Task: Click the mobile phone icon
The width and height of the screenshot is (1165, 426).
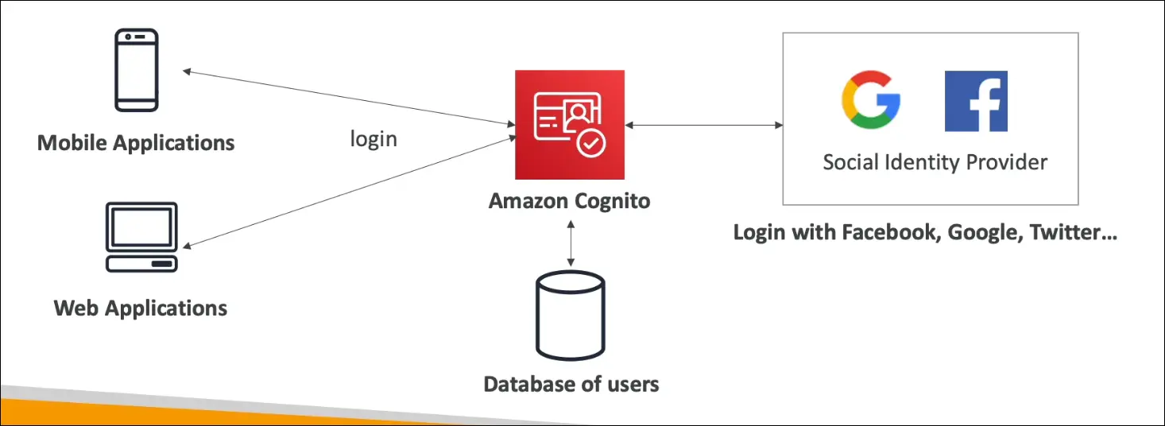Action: click(137, 70)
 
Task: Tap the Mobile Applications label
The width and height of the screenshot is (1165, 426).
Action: click(136, 143)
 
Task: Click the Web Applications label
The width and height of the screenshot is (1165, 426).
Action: click(141, 308)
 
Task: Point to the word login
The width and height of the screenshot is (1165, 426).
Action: click(373, 139)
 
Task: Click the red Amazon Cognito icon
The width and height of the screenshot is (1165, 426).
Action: click(569, 124)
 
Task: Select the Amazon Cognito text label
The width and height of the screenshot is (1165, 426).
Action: click(569, 200)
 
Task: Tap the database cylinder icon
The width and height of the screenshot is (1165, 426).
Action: click(570, 316)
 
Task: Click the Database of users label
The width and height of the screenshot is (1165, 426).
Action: click(571, 385)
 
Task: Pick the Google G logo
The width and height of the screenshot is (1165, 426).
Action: click(870, 101)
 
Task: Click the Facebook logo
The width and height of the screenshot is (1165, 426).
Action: click(976, 101)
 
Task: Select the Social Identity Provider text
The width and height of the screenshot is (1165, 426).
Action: click(935, 163)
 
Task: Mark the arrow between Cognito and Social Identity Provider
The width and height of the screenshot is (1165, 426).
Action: click(703, 125)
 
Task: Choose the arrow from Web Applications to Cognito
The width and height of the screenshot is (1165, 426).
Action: click(350, 190)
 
